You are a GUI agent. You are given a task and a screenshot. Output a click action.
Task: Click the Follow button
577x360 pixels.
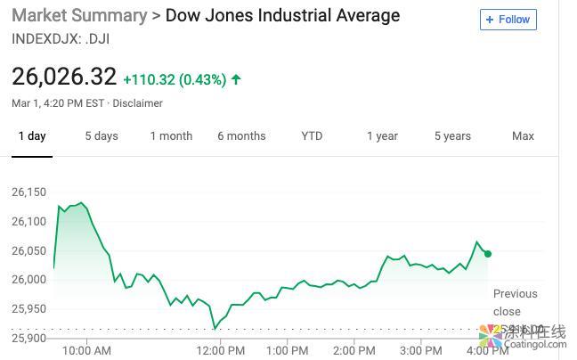pos(508,20)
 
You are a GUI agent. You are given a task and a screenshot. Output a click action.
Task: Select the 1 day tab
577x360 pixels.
pos(31,136)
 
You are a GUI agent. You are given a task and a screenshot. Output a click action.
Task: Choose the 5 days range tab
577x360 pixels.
pos(102,136)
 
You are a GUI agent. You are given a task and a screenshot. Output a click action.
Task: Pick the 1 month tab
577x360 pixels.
pos(171,136)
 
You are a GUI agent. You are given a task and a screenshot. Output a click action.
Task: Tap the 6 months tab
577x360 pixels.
pos(241,136)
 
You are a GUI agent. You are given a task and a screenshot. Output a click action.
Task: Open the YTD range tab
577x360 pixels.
pos(312,136)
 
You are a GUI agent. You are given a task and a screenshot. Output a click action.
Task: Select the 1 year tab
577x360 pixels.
pos(382,136)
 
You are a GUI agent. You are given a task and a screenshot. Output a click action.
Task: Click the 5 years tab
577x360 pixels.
pos(452,136)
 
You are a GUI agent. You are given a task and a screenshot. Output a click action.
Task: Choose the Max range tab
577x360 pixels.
pos(523,136)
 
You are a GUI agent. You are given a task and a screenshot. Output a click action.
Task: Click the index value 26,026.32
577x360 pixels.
pos(64,77)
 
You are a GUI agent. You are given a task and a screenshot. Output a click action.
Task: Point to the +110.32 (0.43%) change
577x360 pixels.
pos(175,79)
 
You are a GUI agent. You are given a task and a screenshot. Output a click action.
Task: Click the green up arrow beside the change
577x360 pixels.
pos(236,79)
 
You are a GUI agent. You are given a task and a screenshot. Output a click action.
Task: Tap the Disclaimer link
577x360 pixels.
pos(137,103)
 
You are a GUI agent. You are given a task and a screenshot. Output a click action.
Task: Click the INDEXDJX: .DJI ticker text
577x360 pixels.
pos(61,38)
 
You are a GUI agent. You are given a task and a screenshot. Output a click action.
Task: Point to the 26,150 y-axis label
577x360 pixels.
pos(28,192)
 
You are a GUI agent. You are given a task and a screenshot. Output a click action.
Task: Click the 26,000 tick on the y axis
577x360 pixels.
pos(28,280)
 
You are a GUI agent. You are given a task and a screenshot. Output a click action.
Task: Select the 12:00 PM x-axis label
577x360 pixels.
pos(220,350)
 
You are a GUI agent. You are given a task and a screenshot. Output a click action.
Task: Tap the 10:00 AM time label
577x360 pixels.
pos(87,350)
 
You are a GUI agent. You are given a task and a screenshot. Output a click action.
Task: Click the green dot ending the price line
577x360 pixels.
pos(488,254)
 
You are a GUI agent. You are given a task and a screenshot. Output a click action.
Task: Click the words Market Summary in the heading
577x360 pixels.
pos(79,15)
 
